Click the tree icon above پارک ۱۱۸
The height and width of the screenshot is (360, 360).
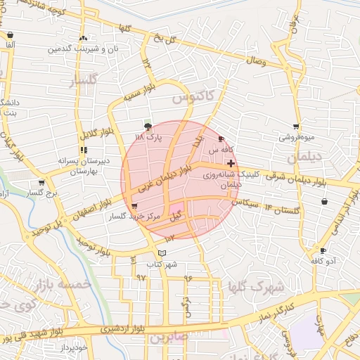148,127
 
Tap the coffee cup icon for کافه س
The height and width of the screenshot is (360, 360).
222,139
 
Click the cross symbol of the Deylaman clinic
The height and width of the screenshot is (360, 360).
231,162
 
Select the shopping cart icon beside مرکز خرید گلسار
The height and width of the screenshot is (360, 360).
134,205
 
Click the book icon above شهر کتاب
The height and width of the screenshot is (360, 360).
163,253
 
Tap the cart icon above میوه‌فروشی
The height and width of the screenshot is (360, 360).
297,127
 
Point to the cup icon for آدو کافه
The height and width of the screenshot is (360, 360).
323,250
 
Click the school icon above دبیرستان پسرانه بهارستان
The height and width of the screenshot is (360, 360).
84,150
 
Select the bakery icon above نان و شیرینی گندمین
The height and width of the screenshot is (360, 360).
84,38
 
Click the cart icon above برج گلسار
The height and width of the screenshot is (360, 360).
41,182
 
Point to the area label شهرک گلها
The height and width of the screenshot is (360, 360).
257,287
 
